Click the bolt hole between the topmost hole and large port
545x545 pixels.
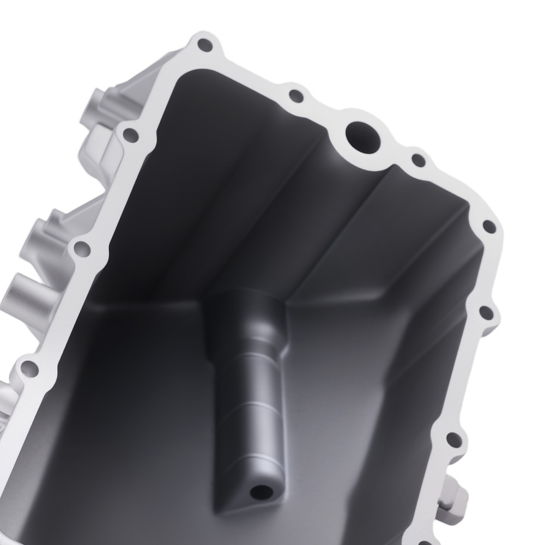[x=295, y=96]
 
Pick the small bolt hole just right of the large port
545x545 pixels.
[x=417, y=160]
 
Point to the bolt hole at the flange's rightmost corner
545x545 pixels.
[x=489, y=227]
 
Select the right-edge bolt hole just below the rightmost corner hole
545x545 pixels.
[x=484, y=313]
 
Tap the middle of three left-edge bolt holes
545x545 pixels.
[x=82, y=249]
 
